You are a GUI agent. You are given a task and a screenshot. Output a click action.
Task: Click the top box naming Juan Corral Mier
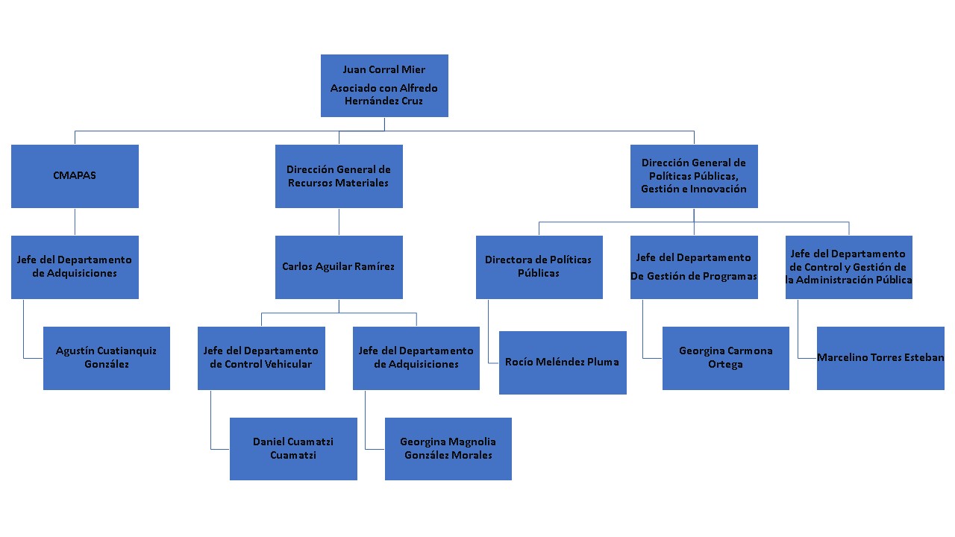point(384,85)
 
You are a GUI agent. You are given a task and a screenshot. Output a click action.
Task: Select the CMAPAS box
point(75,176)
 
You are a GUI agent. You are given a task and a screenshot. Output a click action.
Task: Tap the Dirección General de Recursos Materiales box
point(339,176)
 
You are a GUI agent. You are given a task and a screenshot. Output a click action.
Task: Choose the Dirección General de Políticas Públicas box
point(694,176)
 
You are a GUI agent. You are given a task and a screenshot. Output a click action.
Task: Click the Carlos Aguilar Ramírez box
point(339,267)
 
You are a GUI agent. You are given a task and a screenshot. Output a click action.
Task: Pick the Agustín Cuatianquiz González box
point(107,358)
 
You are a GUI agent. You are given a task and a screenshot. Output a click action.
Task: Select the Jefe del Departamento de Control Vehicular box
point(261,358)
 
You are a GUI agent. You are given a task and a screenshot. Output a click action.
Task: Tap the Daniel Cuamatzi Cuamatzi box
point(293,448)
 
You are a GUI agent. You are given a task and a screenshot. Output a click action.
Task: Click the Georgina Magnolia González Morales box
point(448,448)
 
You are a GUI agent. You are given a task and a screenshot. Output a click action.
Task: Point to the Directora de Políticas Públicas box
point(539,267)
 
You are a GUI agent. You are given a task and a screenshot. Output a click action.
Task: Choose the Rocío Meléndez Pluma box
point(563,362)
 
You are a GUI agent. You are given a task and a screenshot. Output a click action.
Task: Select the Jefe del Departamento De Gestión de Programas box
point(694,267)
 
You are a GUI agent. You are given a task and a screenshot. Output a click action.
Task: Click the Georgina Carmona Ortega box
point(726,358)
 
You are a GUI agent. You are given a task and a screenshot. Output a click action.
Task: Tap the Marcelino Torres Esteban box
point(880,358)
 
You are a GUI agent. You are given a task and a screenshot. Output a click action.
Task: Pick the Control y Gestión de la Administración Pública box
point(849,267)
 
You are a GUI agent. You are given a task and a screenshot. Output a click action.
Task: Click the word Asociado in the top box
point(354,88)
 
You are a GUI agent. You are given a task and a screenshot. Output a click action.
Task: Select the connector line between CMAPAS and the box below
point(75,222)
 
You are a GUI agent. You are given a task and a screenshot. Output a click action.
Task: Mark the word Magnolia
point(468,442)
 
